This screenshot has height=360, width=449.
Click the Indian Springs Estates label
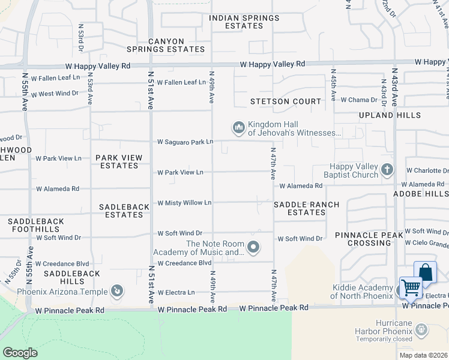244,22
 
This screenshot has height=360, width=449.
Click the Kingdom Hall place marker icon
238,128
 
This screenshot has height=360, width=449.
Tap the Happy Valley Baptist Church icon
388,170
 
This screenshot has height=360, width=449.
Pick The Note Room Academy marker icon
253,247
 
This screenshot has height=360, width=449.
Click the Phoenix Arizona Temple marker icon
118,292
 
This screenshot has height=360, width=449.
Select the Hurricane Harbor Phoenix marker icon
421,329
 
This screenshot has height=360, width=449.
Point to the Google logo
20,353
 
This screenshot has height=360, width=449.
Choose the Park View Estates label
119,162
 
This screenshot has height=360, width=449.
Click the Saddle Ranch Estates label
306,208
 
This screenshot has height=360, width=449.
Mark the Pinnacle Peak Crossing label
363,238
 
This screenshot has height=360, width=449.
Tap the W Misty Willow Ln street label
184,203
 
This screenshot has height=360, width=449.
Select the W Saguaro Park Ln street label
185,142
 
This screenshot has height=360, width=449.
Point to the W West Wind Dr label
55,94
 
